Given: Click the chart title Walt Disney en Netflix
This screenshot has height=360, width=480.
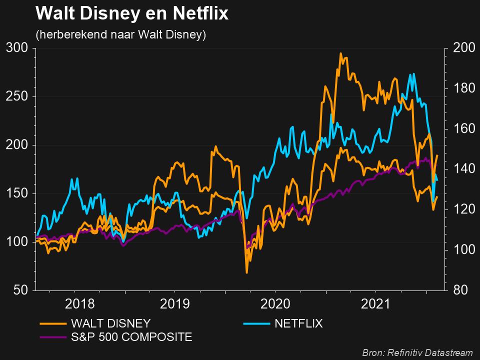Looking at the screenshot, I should point(132,14).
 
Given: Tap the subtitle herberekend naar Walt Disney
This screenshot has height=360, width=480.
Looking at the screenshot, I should point(120,35).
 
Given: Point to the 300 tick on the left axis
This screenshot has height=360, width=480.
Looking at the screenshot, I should point(17,48).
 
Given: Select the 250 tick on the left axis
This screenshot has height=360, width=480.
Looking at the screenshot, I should point(17,97).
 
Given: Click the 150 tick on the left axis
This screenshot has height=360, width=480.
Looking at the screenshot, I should point(17,194).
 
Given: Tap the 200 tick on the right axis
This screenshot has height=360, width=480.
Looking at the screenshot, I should point(462,48).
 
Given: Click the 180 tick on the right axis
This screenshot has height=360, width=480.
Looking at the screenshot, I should point(462,88).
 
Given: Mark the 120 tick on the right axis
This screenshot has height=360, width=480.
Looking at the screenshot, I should point(462,209).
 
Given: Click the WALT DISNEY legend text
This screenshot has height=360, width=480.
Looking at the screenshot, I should point(110,323).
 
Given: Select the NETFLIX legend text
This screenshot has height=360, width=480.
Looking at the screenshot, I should point(298,323).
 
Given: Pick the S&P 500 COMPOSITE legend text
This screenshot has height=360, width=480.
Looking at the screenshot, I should point(131,337).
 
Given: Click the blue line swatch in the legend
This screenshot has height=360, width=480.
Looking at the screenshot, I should point(256,323).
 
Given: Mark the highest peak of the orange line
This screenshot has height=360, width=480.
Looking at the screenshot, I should point(340,53).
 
